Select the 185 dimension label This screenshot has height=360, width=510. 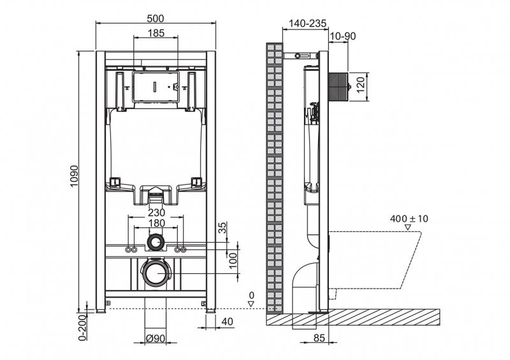(156, 32)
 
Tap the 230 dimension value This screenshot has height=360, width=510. (156, 213)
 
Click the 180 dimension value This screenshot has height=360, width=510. (156, 223)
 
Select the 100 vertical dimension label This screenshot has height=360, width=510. (233, 258)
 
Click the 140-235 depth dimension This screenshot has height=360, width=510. (307, 23)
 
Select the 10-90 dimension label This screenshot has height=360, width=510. (343, 36)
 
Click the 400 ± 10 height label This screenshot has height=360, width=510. (409, 219)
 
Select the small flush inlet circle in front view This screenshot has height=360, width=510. (156, 242)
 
